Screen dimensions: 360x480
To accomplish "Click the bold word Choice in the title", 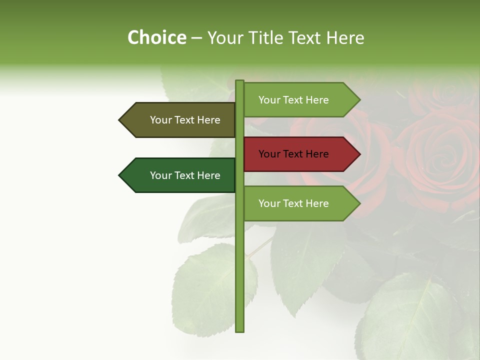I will [x=156, y=38].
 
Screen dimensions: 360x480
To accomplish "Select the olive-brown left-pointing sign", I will [x=180, y=120].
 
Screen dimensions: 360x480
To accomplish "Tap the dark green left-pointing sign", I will [x=180, y=175].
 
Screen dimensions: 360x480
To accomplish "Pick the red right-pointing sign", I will [x=298, y=154].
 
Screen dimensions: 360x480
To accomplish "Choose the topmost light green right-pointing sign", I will [x=298, y=100].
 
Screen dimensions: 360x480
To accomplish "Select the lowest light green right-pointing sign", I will [x=298, y=203].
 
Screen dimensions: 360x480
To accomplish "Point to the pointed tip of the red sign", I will [x=359, y=154].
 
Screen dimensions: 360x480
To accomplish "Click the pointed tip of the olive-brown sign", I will [x=120, y=120].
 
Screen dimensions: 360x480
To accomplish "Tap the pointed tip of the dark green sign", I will [x=120, y=175].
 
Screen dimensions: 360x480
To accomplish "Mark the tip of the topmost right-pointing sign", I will [x=359, y=100].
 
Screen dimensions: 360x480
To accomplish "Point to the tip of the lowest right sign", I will [x=359, y=203].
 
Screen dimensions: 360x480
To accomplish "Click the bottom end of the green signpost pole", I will [x=239, y=330].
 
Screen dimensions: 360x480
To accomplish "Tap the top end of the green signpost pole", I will [x=239, y=82].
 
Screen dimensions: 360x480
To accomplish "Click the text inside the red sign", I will [x=293, y=154].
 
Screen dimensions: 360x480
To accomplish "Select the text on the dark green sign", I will [x=185, y=175].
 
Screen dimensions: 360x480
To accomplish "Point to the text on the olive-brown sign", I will [x=185, y=120].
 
